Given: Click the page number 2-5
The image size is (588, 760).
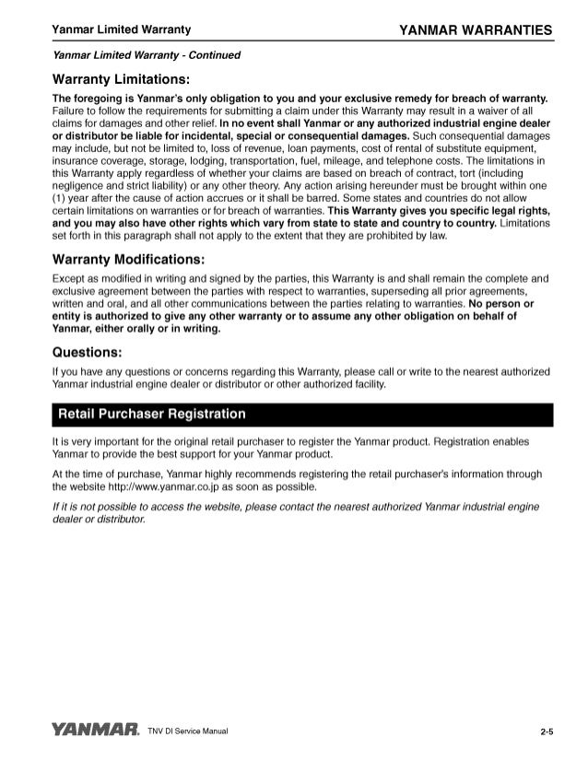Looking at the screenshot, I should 547,732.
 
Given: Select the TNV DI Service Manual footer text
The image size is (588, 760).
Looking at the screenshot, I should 187,732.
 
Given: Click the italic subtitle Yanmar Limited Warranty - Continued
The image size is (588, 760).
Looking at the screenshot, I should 147,55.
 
